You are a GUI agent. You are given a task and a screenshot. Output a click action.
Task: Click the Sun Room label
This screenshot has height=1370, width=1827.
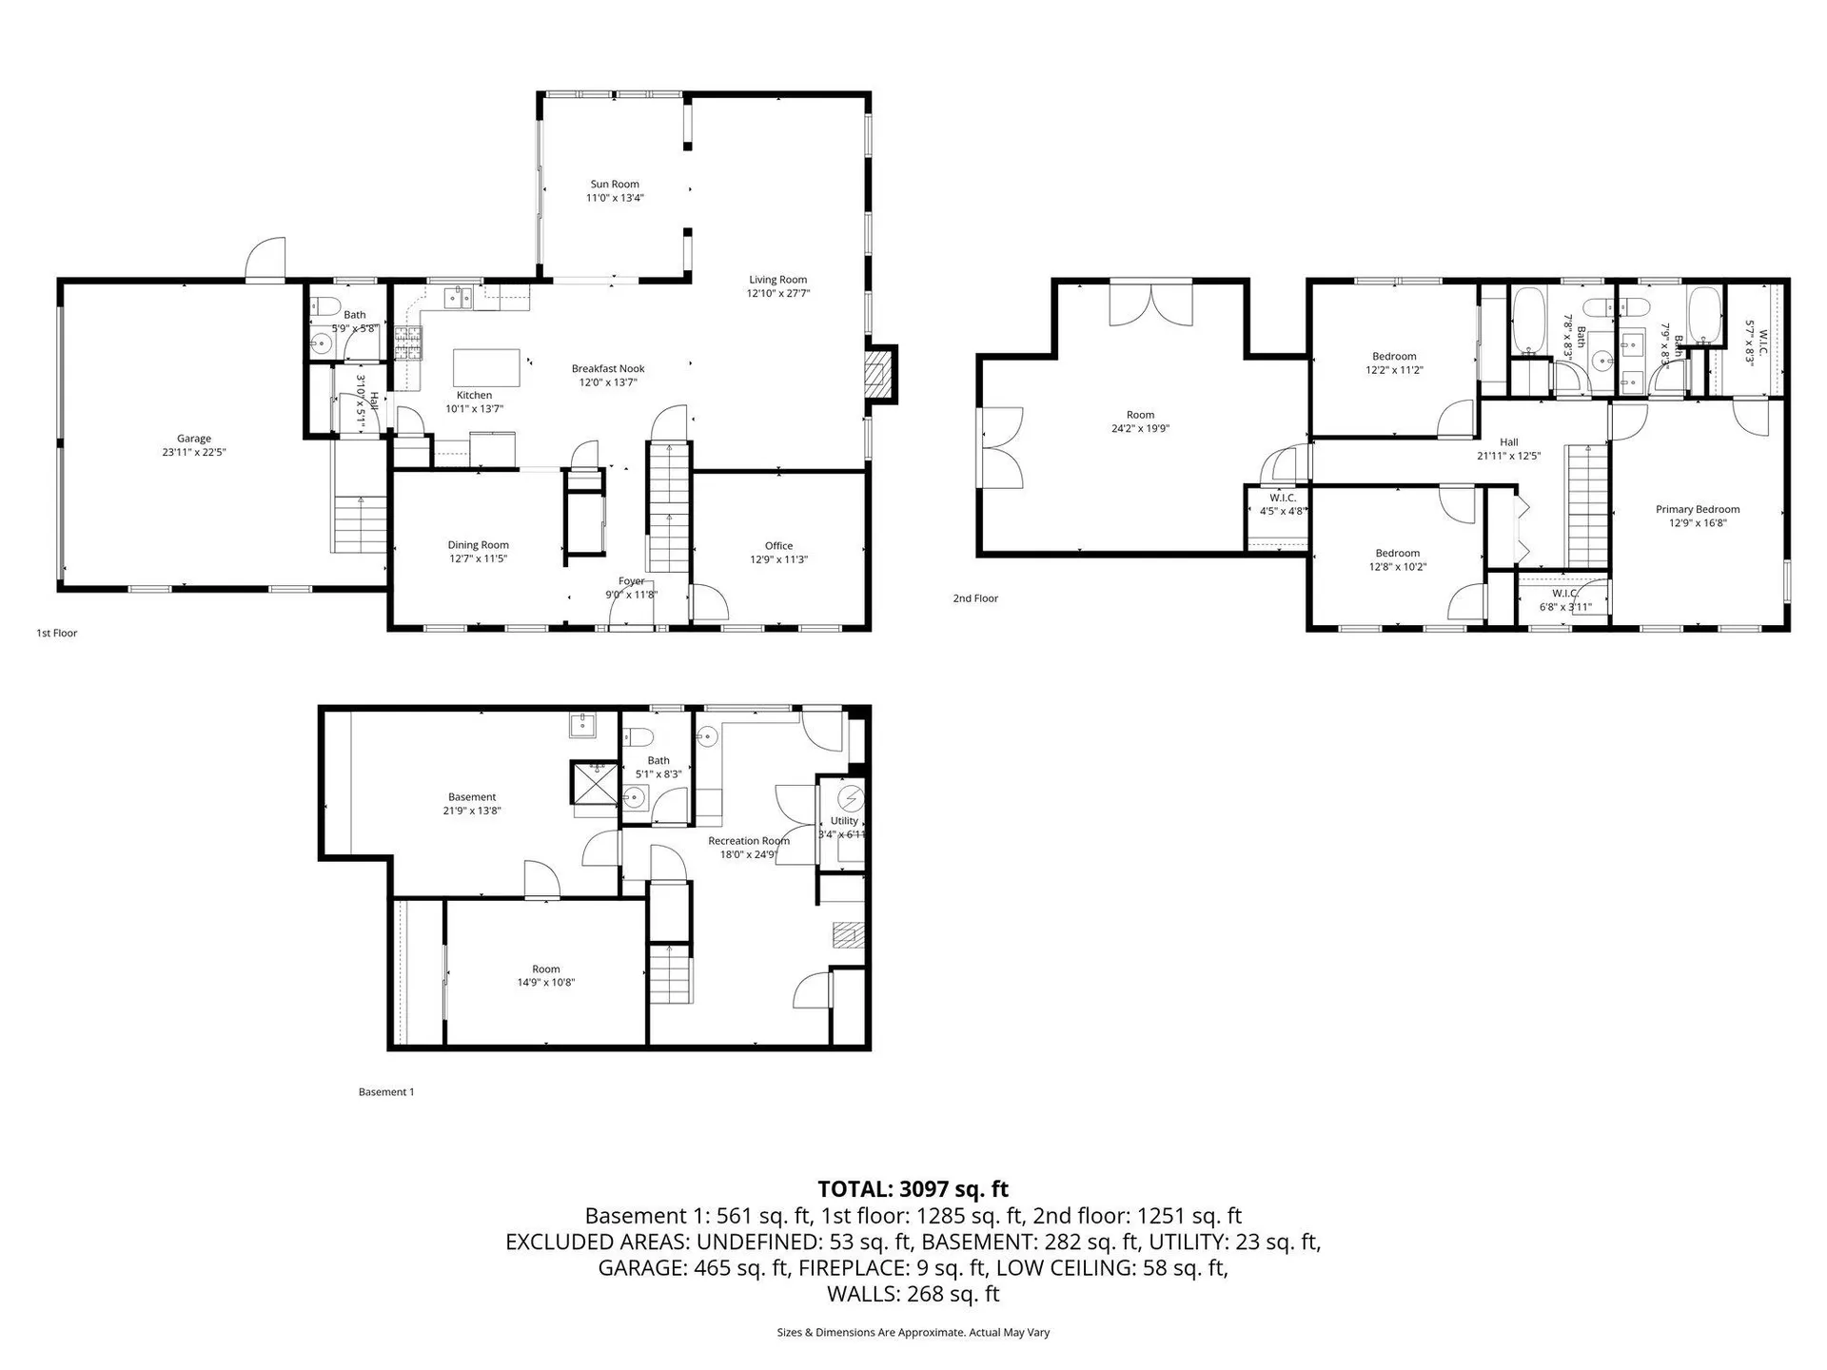pyautogui.click(x=614, y=185)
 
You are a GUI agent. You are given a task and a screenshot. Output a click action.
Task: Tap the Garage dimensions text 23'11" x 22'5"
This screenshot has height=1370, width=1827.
pyautogui.click(x=193, y=453)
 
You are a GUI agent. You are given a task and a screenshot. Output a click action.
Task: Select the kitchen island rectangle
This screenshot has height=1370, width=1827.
pyautogui.click(x=486, y=367)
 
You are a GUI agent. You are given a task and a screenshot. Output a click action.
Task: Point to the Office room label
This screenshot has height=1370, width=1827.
pyautogui.click(x=778, y=546)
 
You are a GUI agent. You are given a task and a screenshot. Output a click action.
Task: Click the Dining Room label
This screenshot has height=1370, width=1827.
pyautogui.click(x=478, y=545)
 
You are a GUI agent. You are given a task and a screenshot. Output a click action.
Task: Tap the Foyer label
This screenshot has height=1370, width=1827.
pyautogui.click(x=631, y=581)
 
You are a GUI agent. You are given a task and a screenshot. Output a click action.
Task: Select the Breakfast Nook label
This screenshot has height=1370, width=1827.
pyautogui.click(x=608, y=369)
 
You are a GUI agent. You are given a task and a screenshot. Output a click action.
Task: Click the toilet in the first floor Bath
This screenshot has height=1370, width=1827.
pyautogui.click(x=325, y=306)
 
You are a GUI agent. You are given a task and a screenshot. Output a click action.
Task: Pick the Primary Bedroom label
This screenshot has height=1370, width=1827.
pyautogui.click(x=1698, y=510)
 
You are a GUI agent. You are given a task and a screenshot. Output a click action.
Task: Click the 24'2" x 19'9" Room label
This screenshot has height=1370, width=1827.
pyautogui.click(x=1140, y=415)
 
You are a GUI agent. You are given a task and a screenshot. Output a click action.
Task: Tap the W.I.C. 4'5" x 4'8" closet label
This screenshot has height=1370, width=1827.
pyautogui.click(x=1282, y=499)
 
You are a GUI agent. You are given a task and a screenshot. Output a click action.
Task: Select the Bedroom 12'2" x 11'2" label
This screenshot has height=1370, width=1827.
pyautogui.click(x=1394, y=357)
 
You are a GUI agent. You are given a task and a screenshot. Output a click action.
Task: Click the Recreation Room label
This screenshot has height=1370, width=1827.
pyautogui.click(x=748, y=841)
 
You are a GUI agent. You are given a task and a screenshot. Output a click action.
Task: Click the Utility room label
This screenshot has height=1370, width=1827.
pyautogui.click(x=843, y=821)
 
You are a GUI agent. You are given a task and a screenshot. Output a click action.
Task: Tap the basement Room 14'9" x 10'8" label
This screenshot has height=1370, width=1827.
pyautogui.click(x=545, y=969)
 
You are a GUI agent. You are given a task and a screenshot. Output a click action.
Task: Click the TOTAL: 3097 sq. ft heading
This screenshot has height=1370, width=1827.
pyautogui.click(x=913, y=1189)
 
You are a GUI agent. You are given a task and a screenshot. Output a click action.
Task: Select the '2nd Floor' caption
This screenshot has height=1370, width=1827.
pyautogui.click(x=975, y=598)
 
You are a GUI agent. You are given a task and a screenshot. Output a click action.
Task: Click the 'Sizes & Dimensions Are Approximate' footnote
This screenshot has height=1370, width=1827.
pyautogui.click(x=913, y=1333)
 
